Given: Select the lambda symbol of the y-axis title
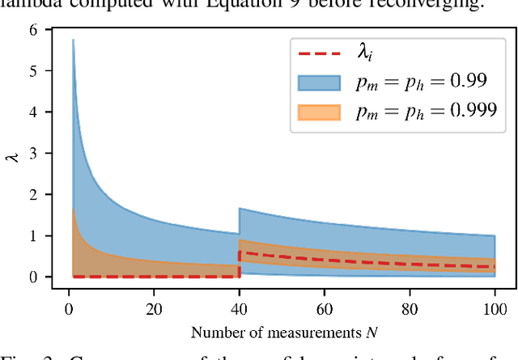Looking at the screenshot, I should click(x=14, y=154).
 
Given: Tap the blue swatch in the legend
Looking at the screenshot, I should click(x=321, y=83).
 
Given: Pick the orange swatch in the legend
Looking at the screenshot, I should click(x=321, y=111).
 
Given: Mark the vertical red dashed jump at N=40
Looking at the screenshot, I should click(x=239, y=265).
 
